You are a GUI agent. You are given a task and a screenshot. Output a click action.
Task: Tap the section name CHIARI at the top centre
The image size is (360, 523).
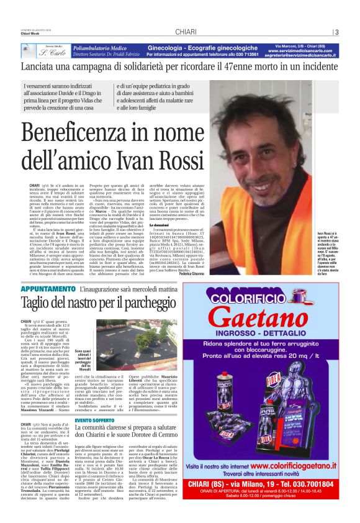(186, 32)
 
